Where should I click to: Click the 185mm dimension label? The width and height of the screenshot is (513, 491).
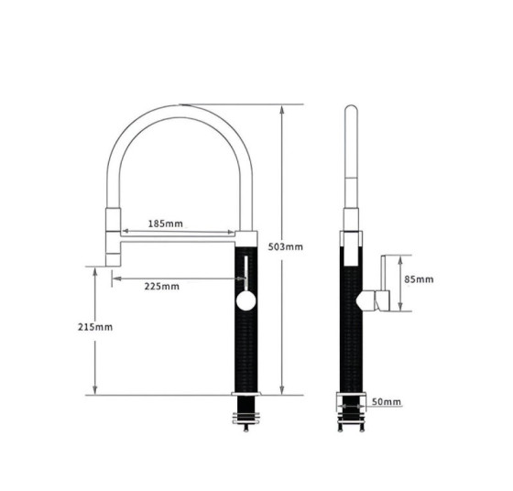[x=166, y=224]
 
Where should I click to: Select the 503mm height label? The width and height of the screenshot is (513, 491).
[x=285, y=246]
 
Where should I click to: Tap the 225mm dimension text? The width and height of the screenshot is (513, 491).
[x=162, y=287]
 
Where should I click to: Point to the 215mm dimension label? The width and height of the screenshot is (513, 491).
[x=95, y=327]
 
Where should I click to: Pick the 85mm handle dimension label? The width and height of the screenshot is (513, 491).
[x=419, y=279]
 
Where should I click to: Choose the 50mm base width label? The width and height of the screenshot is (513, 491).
[x=387, y=402]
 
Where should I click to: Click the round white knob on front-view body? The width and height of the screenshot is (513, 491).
[x=246, y=300]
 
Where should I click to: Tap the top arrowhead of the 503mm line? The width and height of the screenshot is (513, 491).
[x=282, y=110]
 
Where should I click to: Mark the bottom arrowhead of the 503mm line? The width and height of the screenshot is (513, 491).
[x=282, y=390]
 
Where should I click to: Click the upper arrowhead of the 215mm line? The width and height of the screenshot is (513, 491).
[x=95, y=272]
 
